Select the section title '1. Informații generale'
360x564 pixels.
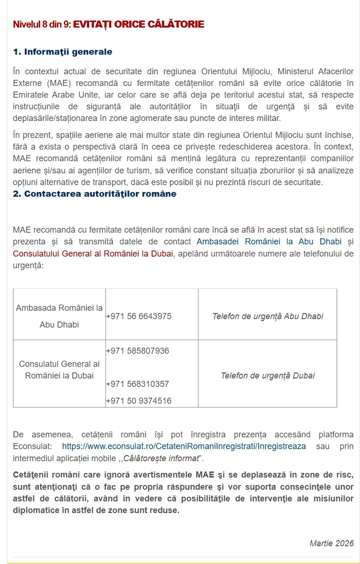(62, 52)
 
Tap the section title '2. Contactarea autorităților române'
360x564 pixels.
(95, 194)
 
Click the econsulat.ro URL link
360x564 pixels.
(184, 446)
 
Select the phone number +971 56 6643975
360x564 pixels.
(139, 316)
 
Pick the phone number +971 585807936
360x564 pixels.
(137, 351)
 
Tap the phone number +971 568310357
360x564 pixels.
(137, 384)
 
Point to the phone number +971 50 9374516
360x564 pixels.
(139, 400)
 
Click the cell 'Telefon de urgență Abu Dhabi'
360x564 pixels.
(267, 316)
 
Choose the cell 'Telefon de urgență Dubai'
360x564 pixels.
(267, 376)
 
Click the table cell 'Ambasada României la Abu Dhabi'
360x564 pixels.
(59, 316)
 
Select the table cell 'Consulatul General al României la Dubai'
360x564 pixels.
(59, 370)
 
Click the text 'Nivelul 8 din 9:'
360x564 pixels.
(42, 24)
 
